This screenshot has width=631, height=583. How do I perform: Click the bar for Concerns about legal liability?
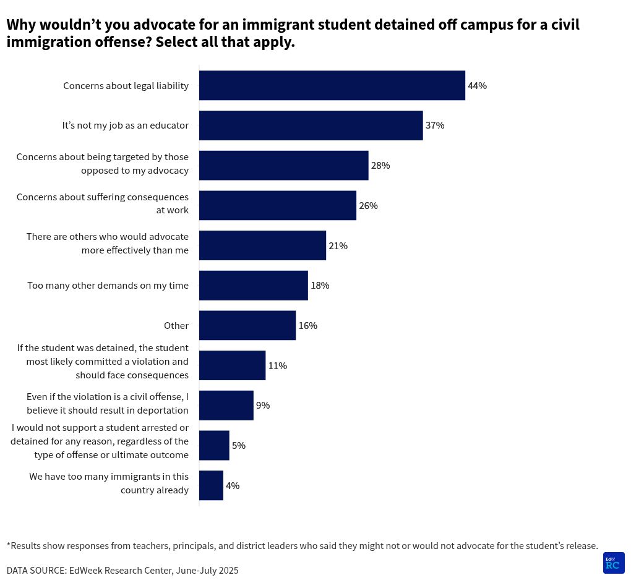[332, 85]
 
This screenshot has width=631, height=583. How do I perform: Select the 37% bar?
[311, 126]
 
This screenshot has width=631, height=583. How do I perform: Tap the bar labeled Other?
[247, 325]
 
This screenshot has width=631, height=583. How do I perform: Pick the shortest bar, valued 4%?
[211, 485]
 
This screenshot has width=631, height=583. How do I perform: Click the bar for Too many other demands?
[253, 286]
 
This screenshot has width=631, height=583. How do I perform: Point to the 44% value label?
[477, 86]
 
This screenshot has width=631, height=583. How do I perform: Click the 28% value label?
[380, 166]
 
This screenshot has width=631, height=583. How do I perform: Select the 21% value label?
[338, 246]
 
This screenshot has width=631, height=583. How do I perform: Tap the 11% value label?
[277, 366]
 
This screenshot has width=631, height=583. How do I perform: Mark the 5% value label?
[238, 446]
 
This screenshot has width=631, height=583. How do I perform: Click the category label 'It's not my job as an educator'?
[125, 126]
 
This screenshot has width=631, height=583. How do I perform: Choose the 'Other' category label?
[176, 326]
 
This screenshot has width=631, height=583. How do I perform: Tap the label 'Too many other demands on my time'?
[108, 286]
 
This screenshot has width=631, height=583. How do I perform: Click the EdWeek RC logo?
[613, 563]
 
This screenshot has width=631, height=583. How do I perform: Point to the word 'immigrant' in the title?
[279, 25]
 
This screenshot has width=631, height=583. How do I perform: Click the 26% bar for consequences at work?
[277, 205]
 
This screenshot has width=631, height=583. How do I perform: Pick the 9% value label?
[262, 406]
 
